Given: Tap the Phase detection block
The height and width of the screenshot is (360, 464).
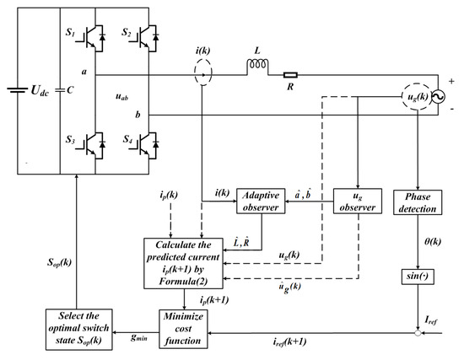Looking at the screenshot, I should tap(417, 202).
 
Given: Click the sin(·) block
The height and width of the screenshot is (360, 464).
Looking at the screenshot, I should tap(418, 277).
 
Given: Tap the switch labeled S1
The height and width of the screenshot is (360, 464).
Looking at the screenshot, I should tap(91, 39).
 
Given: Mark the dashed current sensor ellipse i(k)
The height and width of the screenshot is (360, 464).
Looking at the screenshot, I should tap(202, 75).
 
